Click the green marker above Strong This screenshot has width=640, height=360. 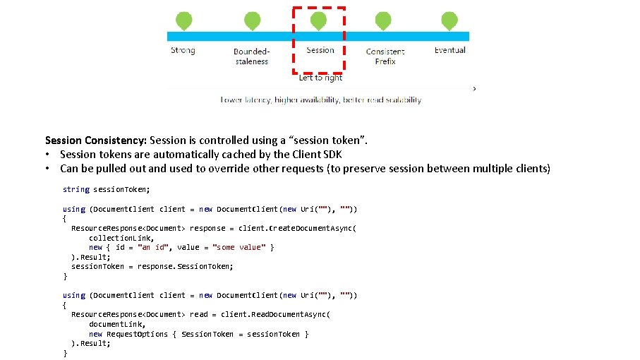tap(183, 20)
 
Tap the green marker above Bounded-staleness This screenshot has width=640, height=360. tap(252, 20)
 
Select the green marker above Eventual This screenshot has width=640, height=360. tap(449, 20)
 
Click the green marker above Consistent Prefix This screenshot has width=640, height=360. tap(383, 20)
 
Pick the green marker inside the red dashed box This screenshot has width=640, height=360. tap(319, 20)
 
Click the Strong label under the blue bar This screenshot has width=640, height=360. tap(183, 50)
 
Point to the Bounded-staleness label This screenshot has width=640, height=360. tap(251, 56)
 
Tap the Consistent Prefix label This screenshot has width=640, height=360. tap(385, 56)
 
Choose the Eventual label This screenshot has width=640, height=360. tap(449, 50)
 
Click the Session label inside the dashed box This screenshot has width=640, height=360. tap(320, 50)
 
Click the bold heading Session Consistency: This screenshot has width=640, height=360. tap(96, 140)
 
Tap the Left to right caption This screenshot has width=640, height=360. tap(320, 78)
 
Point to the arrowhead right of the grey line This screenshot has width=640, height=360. tap(474, 89)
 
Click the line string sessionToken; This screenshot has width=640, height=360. tap(107, 189)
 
